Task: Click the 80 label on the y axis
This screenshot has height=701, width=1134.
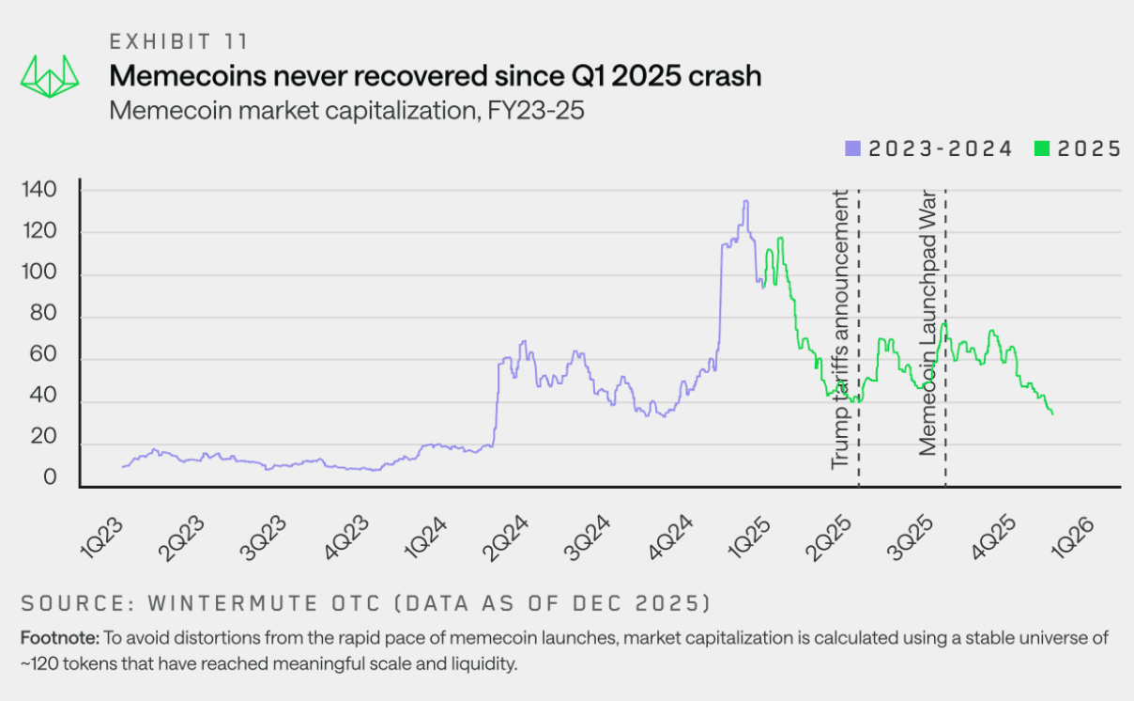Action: [x=42, y=318]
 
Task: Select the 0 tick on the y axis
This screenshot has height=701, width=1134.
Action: [x=50, y=479]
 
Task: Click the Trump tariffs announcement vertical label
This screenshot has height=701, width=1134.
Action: [x=840, y=329]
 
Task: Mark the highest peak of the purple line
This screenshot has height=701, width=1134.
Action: [x=745, y=201]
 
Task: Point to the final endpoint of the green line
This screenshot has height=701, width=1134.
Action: [x=1052, y=414]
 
